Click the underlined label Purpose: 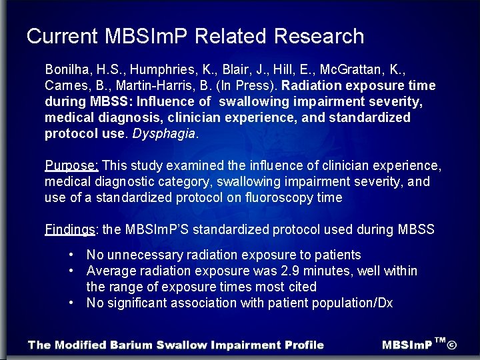click(72, 165)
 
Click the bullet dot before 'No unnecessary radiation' click(71, 255)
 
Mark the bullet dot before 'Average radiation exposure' click(71, 271)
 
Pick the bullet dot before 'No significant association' click(71, 303)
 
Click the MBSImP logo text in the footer click(407, 345)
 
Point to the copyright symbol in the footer click(452, 345)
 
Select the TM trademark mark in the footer click(439, 341)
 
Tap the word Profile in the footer click(303, 345)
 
